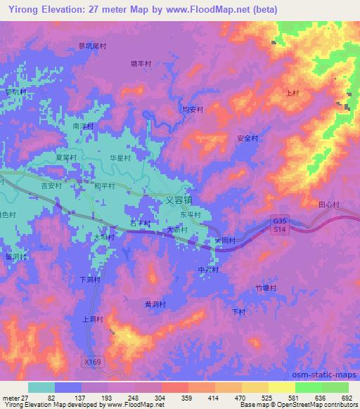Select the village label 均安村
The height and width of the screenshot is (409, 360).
coord(193,110)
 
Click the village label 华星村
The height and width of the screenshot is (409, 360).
coord(120,158)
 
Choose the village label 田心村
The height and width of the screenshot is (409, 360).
coord(328,204)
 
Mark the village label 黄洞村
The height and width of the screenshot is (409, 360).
coord(155,304)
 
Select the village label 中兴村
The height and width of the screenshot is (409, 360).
coord(209,270)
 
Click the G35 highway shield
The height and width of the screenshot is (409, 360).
coord(281,220)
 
